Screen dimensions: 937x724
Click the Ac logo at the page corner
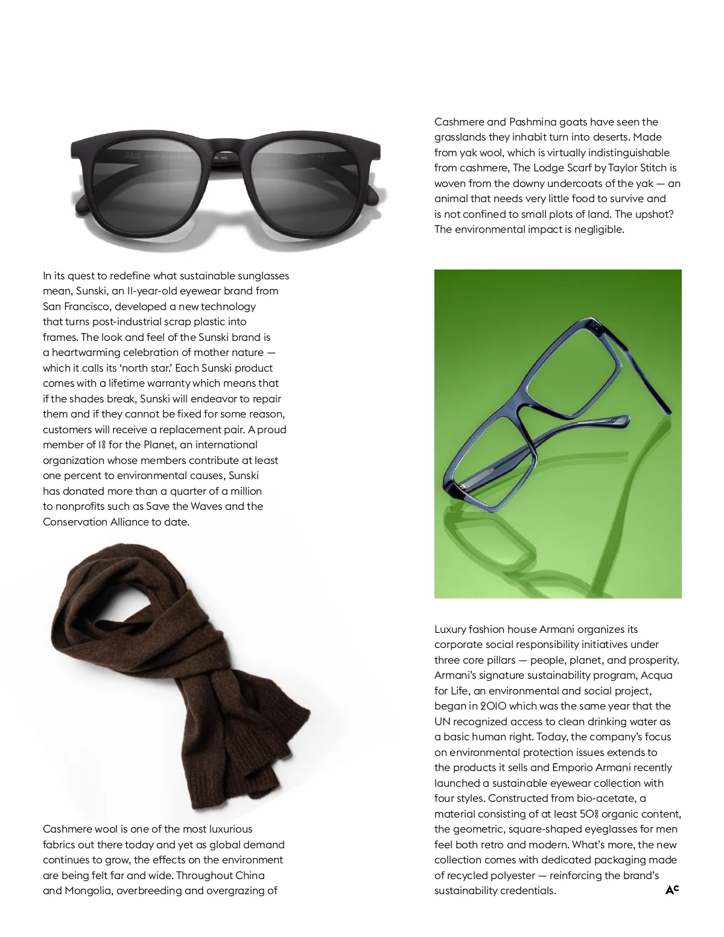click(672, 889)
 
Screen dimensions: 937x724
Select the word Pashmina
click(532, 122)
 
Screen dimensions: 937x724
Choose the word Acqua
click(656, 675)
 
